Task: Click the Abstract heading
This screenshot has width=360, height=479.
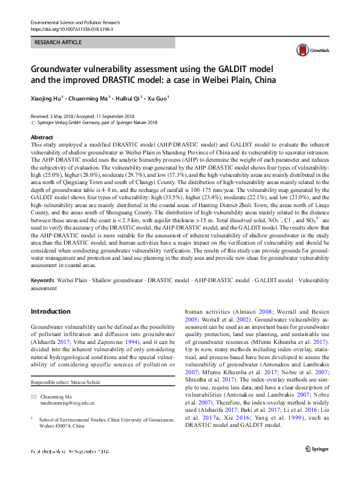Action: click(41, 137)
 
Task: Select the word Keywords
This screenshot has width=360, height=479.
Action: click(44, 281)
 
